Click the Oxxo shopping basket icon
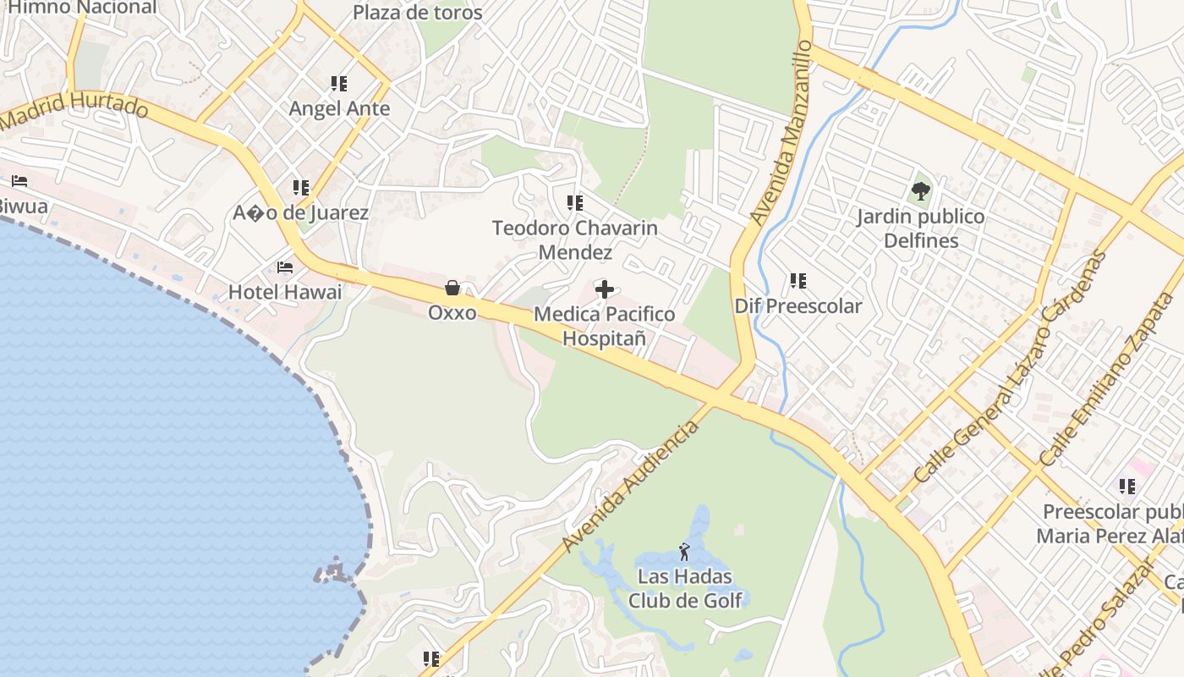click(x=452, y=288)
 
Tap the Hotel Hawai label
click(x=285, y=292)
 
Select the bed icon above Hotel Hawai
click(x=285, y=267)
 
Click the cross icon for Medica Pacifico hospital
click(x=604, y=290)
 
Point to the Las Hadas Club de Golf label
click(x=685, y=588)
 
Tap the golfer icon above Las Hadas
click(x=684, y=553)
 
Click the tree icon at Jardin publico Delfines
click(x=921, y=191)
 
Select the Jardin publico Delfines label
click(x=920, y=228)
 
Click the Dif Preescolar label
click(x=798, y=305)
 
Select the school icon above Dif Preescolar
click(x=798, y=280)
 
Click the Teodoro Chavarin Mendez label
click(x=575, y=240)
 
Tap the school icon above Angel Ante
click(x=339, y=84)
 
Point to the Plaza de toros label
click(x=417, y=13)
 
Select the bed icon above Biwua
click(x=19, y=181)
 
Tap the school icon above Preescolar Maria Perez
click(x=1126, y=487)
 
